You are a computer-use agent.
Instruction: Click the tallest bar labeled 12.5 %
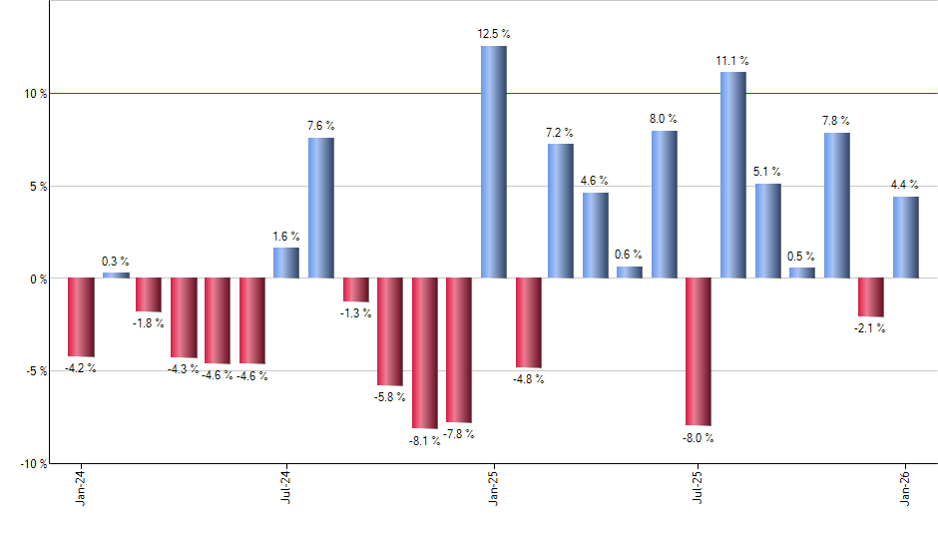pos(493,162)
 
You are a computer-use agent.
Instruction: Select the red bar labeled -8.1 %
pos(424,352)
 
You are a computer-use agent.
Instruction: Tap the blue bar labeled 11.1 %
pos(732,175)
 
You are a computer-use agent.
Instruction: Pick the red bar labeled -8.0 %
pos(699,351)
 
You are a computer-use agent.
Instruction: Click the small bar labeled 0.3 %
pos(116,274)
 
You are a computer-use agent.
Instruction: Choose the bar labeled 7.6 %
pos(320,208)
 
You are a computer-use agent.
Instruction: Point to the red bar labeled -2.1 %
pos(870,296)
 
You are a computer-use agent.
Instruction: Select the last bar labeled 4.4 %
pos(905,238)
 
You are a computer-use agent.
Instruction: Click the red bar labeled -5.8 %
pos(389,331)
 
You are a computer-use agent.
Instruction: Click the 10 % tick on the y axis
pos(36,94)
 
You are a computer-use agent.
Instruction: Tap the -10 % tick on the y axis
pos(34,464)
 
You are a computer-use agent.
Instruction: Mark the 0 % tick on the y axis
pos(39,278)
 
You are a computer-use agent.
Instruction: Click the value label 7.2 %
pos(560,132)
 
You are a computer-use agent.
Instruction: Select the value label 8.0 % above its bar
pos(664,119)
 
